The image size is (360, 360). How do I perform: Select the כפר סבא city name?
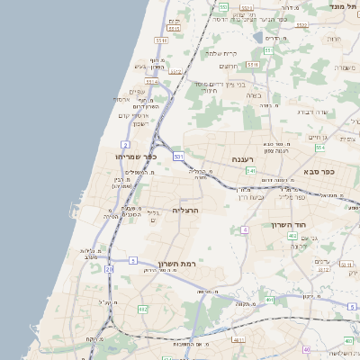pos(318,172)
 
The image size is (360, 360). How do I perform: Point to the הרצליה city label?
pos(184,210)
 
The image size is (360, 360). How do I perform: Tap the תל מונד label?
pos(345,6)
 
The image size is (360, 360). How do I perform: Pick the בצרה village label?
pos(253,94)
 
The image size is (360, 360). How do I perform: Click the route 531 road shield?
pos(179,157)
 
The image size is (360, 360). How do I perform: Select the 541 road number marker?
pos(251,170)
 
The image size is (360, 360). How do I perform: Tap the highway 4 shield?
pos(245,229)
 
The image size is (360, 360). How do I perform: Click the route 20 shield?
pos(109,268)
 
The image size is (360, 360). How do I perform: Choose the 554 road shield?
pos(247,7)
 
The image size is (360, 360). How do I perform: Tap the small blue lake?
pos(258,38)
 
